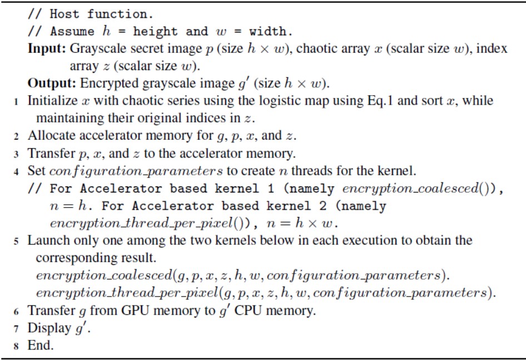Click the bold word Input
click(x=47, y=49)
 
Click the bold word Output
click(x=52, y=83)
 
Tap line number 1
click(x=16, y=101)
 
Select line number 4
click(x=16, y=172)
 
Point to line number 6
click(x=16, y=312)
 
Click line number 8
click(x=16, y=346)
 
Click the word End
click(x=41, y=345)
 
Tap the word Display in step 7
click(x=49, y=328)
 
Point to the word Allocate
click(x=52, y=136)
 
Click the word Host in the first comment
click(x=64, y=14)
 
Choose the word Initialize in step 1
click(x=53, y=101)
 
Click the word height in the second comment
click(x=155, y=32)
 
